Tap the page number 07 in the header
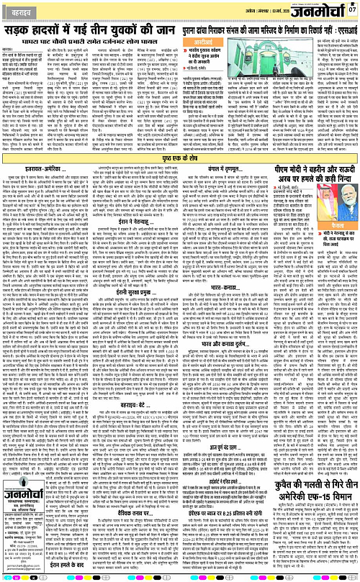[x=351, y=8]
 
